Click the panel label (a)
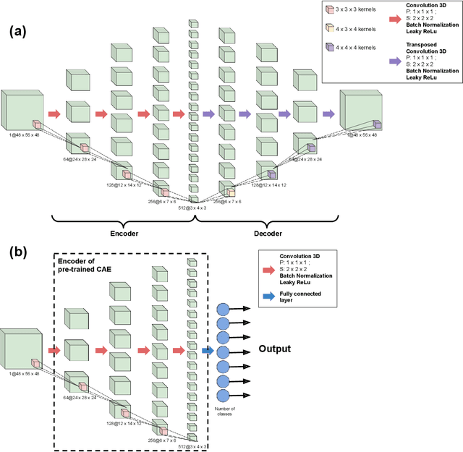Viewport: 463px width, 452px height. click(x=19, y=33)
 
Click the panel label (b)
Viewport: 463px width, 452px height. click(x=19, y=253)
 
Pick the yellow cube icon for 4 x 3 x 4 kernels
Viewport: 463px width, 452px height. click(x=331, y=27)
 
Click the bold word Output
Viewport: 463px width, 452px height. click(x=274, y=349)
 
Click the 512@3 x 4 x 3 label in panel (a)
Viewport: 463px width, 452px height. click(x=192, y=208)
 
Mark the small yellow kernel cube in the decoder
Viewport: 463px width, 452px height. click(x=229, y=192)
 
